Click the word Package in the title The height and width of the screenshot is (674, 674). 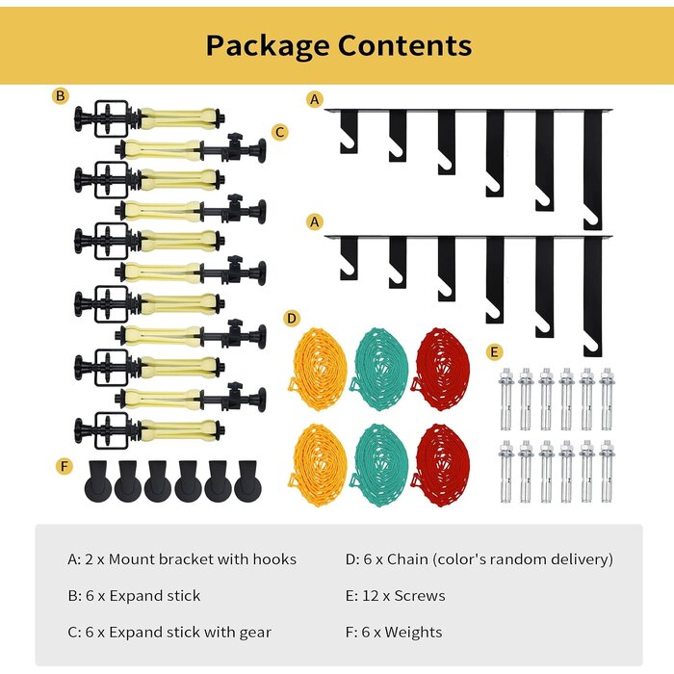[x=269, y=46]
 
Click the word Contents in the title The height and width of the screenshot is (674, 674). [x=404, y=44]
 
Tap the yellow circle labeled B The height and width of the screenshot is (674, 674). [x=60, y=95]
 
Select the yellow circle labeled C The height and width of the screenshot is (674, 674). [x=280, y=132]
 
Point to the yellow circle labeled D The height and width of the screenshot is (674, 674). [x=292, y=319]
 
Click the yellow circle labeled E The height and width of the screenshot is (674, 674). [x=494, y=352]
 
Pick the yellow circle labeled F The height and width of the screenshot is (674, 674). [x=65, y=466]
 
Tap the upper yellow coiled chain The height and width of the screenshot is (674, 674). [x=318, y=369]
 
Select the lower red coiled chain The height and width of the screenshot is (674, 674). [x=441, y=465]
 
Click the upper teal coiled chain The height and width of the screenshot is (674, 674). [x=379, y=369]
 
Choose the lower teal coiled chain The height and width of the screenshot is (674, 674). [x=379, y=465]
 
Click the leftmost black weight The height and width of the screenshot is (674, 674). [x=98, y=481]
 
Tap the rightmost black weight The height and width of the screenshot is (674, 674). [x=247, y=481]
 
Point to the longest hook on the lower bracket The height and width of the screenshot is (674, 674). [x=593, y=297]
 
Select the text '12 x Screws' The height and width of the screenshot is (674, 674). [x=403, y=596]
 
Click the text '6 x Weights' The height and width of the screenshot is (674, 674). [x=402, y=633]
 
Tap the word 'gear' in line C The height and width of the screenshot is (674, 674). [x=256, y=634]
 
